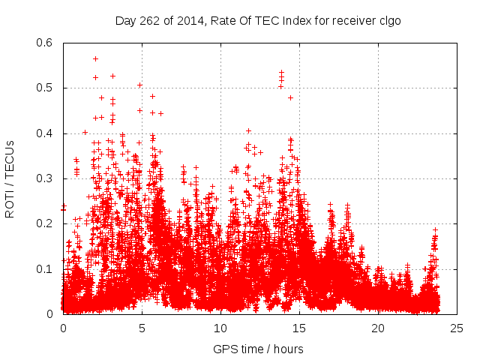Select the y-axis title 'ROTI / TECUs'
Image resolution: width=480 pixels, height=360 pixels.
(x=10, y=178)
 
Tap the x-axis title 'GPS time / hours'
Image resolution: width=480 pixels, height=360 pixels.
(x=258, y=349)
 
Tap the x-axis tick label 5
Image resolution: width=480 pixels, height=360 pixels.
(x=142, y=328)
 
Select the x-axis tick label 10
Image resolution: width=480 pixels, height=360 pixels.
(x=220, y=328)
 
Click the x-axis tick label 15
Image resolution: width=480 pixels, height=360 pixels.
(x=299, y=328)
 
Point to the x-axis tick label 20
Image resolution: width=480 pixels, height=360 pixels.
(x=378, y=328)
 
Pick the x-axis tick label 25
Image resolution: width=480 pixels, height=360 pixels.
(x=457, y=328)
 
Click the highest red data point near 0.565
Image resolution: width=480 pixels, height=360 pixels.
(x=95, y=58)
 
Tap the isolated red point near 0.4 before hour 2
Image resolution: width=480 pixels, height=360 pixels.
(x=85, y=133)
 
